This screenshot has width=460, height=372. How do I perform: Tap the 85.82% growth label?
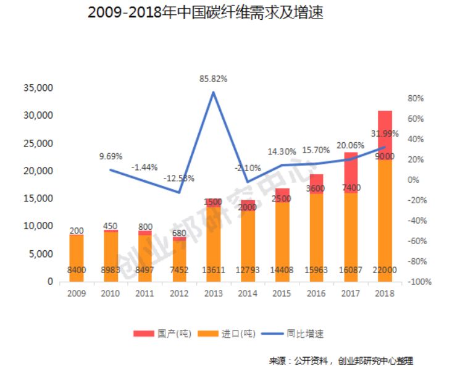pyautogui.click(x=213, y=78)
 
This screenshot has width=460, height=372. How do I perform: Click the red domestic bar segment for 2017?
pyautogui.click(x=351, y=172)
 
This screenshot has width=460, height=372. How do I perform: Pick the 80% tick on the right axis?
pyautogui.click(x=415, y=99)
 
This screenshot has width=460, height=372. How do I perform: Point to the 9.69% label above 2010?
pyautogui.click(x=111, y=156)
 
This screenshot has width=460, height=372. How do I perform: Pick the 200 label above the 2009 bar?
pyautogui.click(x=77, y=230)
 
